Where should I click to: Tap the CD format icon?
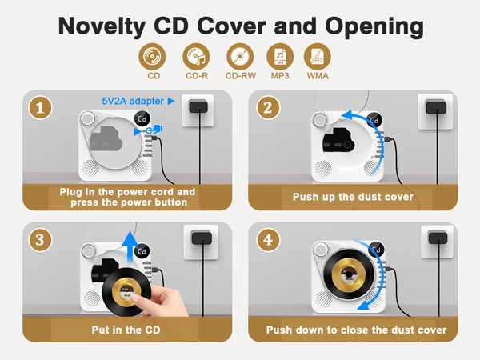[154, 58]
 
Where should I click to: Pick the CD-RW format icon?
[239, 58]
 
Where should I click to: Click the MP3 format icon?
[279, 58]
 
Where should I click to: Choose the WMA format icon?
[318, 58]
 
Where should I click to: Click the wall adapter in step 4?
[434, 238]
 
